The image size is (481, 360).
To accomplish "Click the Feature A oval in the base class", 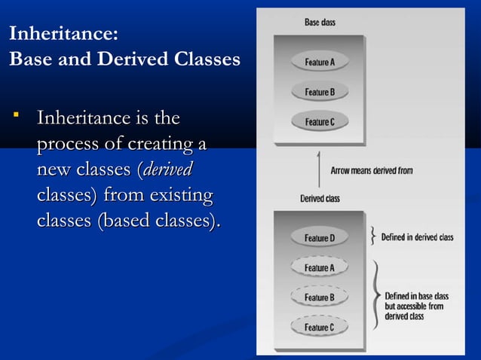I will coord(319,62).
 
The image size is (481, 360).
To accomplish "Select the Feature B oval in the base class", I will coord(319,92).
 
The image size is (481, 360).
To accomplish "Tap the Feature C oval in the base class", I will coord(319,122).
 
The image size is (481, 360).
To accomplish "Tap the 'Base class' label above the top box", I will coord(320,23).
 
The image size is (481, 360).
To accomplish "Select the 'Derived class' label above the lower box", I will coord(320,199).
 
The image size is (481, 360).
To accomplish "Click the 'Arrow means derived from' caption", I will coord(372,171).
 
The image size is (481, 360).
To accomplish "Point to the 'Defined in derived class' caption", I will coord(417,237).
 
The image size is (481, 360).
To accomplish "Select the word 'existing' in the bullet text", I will coord(180,196).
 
